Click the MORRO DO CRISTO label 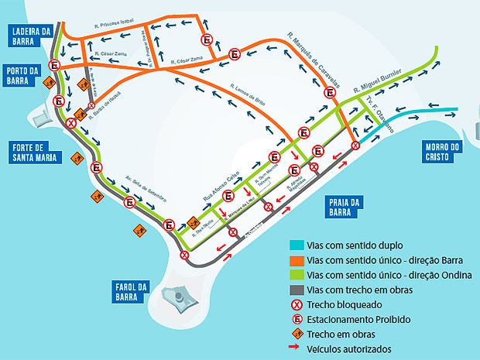[443, 151]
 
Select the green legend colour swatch [294, 275]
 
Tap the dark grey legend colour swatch [294, 290]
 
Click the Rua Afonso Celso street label [221, 186]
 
